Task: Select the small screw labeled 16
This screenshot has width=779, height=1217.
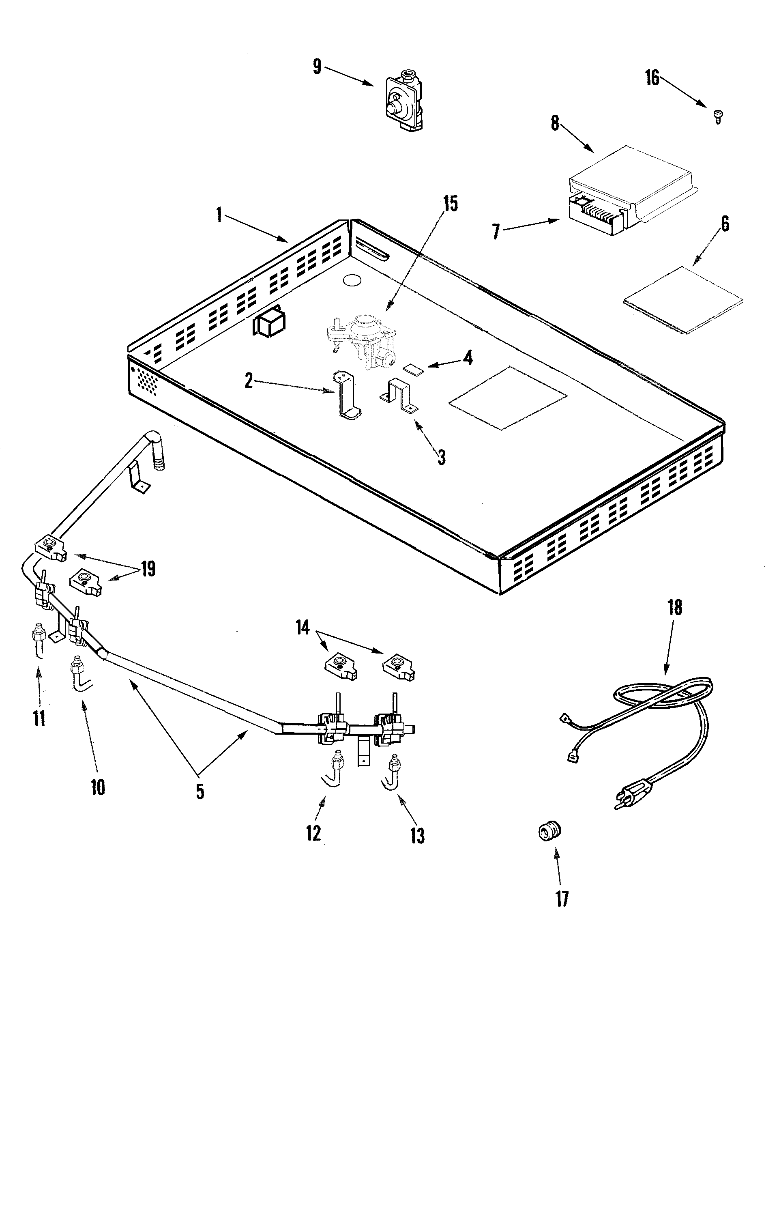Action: pos(717,116)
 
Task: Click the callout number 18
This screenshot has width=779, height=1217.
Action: pos(675,607)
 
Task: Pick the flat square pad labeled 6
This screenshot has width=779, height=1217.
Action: pos(683,301)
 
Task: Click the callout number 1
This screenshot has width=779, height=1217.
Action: pos(219,215)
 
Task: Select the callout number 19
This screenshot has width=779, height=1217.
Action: pos(148,569)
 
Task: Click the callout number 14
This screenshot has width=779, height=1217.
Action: pos(302,628)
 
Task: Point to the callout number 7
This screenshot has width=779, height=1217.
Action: pos(496,232)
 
